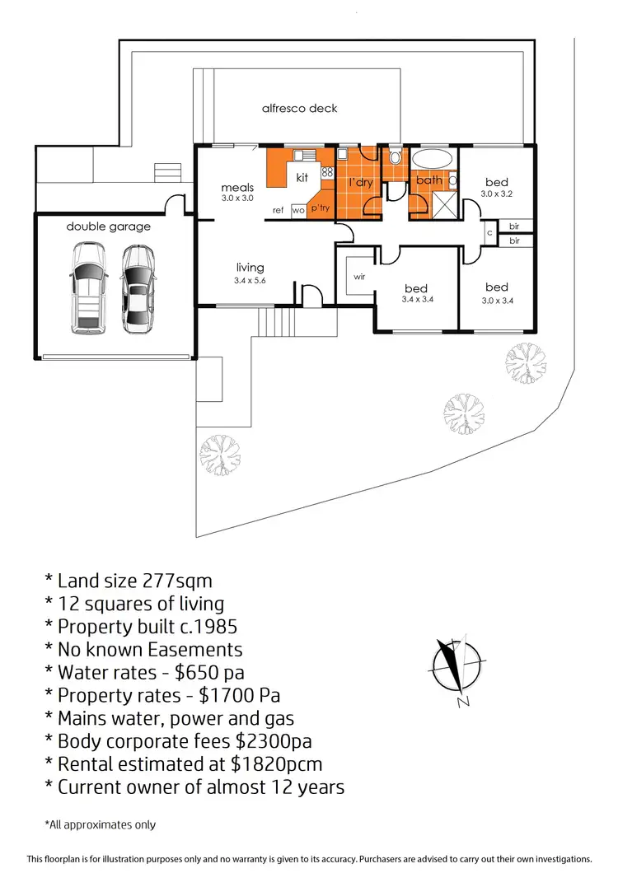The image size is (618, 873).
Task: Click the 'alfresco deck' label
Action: click(x=299, y=108)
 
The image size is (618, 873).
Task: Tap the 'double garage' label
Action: click(x=109, y=226)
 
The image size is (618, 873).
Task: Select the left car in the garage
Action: click(x=87, y=288)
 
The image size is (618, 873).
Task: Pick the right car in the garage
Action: click(x=138, y=288)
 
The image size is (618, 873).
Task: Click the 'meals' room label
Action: click(x=237, y=188)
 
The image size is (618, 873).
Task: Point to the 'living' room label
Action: click(x=250, y=267)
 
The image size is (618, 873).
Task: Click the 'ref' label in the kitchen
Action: click(x=278, y=211)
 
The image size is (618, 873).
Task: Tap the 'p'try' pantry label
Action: click(x=320, y=209)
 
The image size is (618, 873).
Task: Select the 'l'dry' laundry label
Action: click(x=360, y=182)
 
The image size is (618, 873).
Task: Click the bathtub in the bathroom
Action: click(x=432, y=159)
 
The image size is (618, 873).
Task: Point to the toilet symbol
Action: click(x=396, y=156)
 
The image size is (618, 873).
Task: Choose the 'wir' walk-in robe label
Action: click(x=358, y=277)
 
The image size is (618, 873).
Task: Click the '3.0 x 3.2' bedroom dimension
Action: click(x=497, y=194)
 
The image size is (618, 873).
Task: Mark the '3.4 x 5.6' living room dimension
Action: click(x=250, y=281)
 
